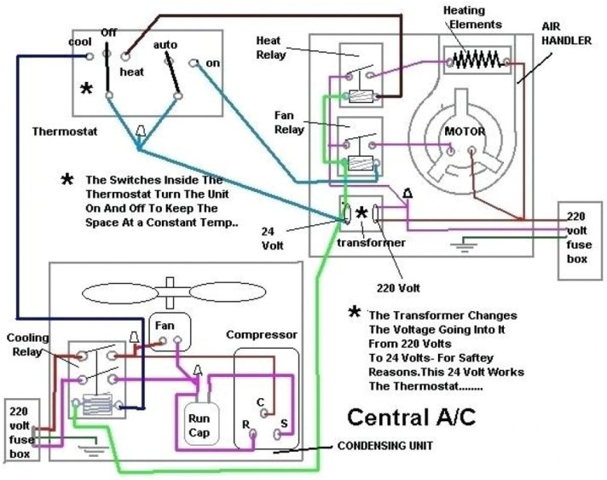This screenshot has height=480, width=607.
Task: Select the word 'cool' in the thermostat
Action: [x=80, y=42]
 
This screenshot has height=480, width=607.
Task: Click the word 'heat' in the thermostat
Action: [x=131, y=72]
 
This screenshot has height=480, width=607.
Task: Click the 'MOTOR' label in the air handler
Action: [x=465, y=132]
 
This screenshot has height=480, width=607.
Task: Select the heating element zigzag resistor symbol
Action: [x=476, y=60]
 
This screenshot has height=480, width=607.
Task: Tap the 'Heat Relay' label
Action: [x=269, y=47]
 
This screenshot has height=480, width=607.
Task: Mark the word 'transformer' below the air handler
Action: [x=370, y=242]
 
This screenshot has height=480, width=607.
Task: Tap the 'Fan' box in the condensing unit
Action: [x=166, y=327]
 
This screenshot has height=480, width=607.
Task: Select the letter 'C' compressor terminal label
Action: [x=260, y=401]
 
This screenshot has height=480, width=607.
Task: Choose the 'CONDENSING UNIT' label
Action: [x=385, y=445]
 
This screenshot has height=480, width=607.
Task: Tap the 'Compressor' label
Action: [x=261, y=334]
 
